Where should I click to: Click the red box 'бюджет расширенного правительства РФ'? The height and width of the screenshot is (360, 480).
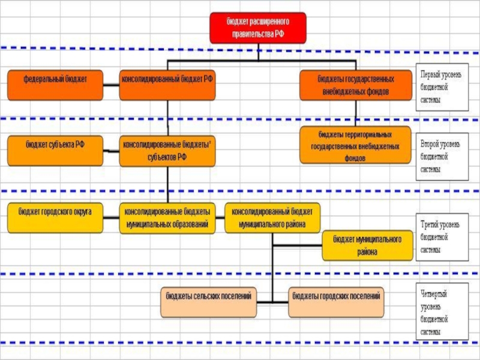pos(257,28)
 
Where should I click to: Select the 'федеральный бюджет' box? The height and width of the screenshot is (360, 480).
pos(55,85)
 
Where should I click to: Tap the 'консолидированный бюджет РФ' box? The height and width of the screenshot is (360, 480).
pos(167,85)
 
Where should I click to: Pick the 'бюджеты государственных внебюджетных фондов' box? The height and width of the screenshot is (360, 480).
pos(355,85)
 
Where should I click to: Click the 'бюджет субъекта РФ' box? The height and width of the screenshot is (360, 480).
pos(55,151)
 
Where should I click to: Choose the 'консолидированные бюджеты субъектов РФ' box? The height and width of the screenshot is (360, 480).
pos(167,151)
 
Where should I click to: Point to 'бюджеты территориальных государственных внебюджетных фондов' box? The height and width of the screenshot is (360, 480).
pos(355,145)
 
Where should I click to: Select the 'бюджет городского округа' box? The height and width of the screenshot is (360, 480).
pos(55,218)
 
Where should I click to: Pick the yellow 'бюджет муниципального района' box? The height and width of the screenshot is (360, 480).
pos(367,245)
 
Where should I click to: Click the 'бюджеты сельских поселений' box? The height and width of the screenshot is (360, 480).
pos(208,302)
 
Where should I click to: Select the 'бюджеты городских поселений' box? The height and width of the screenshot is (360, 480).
pos(336,302)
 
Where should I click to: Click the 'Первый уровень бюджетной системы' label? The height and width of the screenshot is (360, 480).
pos(442,88)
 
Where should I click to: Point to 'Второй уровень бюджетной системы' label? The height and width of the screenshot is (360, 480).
pos(442,157)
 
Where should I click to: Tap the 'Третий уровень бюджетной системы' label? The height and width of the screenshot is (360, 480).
pos(442,237)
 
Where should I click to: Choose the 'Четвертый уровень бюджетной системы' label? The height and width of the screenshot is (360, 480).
pos(442,312)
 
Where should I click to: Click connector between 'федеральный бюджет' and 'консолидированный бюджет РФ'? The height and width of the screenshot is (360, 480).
pos(111,85)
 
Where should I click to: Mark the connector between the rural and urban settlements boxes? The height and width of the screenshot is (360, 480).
pos(272,302)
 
